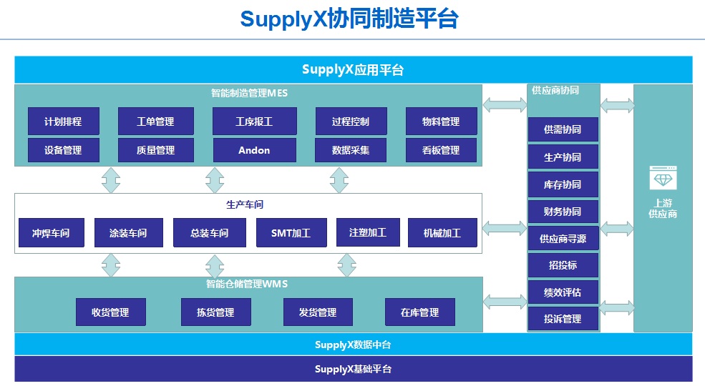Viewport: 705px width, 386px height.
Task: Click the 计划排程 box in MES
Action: tap(63, 122)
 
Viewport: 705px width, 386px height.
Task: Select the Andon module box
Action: tap(254, 150)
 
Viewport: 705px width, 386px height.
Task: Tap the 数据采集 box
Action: tap(351, 150)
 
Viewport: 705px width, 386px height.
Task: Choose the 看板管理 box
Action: tap(441, 150)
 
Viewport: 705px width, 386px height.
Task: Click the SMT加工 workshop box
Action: tap(291, 233)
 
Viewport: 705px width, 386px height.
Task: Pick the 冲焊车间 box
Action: tap(51, 233)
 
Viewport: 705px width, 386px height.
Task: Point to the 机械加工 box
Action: tap(442, 233)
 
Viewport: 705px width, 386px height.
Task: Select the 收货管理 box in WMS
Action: tap(110, 312)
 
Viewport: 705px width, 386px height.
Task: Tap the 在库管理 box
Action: tap(419, 312)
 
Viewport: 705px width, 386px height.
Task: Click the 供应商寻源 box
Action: tap(563, 239)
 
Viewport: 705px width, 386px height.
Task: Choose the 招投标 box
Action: tap(563, 265)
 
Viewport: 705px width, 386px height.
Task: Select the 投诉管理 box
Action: tap(563, 319)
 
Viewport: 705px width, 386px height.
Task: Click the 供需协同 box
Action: tap(563, 130)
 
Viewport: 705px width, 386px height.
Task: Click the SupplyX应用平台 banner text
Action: tap(353, 69)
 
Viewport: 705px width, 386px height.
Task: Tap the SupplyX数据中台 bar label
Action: tap(353, 345)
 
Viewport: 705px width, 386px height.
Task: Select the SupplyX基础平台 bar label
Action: tap(353, 370)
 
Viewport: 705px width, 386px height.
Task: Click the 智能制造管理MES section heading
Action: tap(249, 92)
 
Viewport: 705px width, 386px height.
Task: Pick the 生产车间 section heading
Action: tap(245, 204)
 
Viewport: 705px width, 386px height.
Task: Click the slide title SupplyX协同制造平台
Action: tap(349, 19)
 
